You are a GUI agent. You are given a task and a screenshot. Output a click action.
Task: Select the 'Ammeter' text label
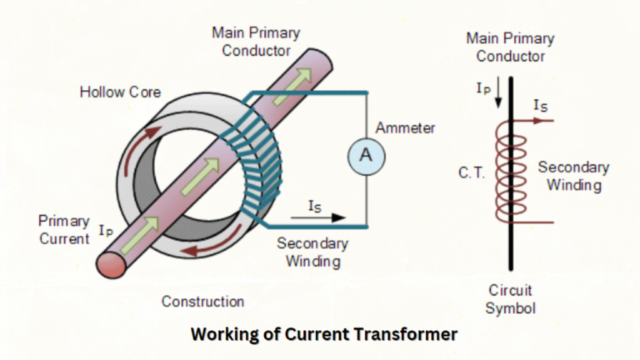click(405, 128)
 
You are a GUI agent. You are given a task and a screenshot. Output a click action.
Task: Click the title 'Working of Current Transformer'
click(324, 334)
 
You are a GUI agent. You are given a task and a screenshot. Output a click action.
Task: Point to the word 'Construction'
click(202, 301)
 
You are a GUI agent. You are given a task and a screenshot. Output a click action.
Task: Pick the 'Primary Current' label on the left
click(64, 230)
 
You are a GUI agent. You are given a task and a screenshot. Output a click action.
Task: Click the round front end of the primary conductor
click(114, 263)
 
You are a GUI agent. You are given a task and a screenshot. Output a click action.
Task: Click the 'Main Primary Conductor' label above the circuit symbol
click(510, 47)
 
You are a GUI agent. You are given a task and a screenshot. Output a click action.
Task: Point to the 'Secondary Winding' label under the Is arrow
click(311, 252)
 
